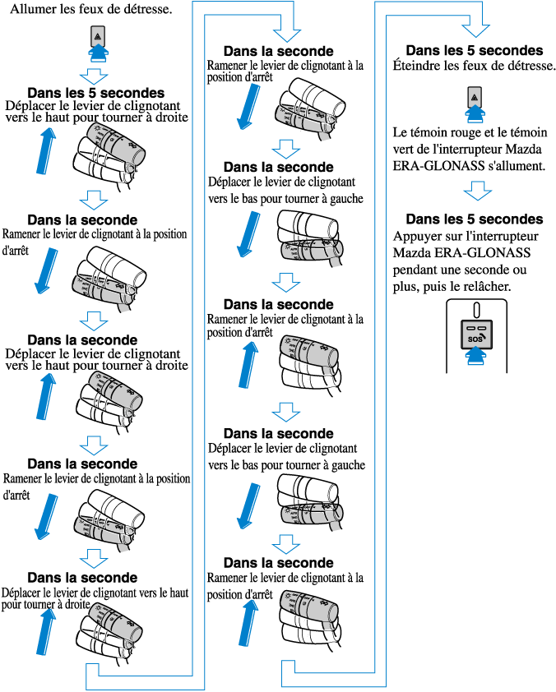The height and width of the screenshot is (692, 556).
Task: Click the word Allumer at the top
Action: pos(31,9)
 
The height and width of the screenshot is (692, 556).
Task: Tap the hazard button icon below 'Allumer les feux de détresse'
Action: pos(97,37)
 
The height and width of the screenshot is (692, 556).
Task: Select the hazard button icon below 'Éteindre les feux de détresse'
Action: pos(474,97)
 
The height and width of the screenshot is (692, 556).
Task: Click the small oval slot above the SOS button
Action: pos(475,310)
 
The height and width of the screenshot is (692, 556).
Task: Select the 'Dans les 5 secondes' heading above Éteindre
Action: pos(474,50)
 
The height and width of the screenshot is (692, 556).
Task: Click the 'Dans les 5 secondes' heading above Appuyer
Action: pos(474,219)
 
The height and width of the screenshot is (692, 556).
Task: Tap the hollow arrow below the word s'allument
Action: pos(475,191)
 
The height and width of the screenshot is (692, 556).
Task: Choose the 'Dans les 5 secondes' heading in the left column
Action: pos(95,93)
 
